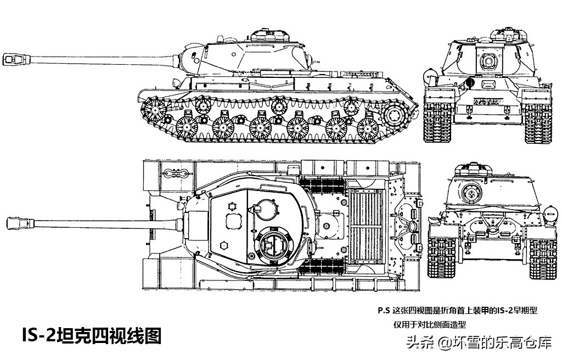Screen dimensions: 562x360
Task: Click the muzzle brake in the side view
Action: point(16,59)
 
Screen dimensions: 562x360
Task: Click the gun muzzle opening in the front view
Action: point(487,61)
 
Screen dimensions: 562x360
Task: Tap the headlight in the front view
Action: point(429,76)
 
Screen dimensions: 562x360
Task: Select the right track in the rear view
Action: point(543,257)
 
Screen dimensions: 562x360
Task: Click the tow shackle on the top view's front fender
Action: point(176,173)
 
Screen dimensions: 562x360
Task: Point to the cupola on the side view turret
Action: point(270,35)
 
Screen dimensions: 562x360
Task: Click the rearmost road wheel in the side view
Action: point(368,128)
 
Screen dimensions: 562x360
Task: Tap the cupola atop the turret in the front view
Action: point(509,34)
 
